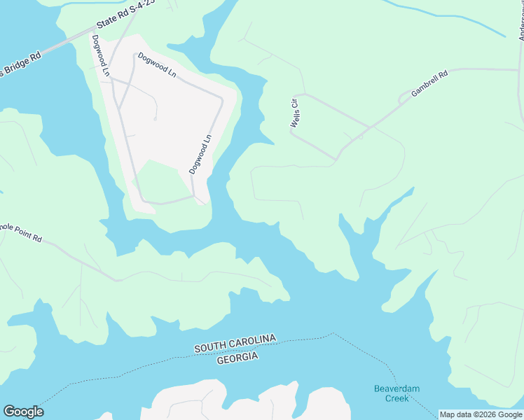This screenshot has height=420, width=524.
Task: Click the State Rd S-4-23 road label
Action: click(x=125, y=15)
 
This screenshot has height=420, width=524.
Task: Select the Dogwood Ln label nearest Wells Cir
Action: click(x=200, y=154)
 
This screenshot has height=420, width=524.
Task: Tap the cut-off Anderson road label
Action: click(x=520, y=24)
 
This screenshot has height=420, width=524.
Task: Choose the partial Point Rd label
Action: click(x=21, y=233)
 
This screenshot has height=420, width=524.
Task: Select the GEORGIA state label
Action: click(x=237, y=358)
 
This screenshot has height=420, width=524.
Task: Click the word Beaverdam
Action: click(x=396, y=388)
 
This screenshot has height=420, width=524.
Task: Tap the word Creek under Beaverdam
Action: click(x=396, y=398)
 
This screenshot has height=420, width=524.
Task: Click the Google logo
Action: click(x=23, y=412)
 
